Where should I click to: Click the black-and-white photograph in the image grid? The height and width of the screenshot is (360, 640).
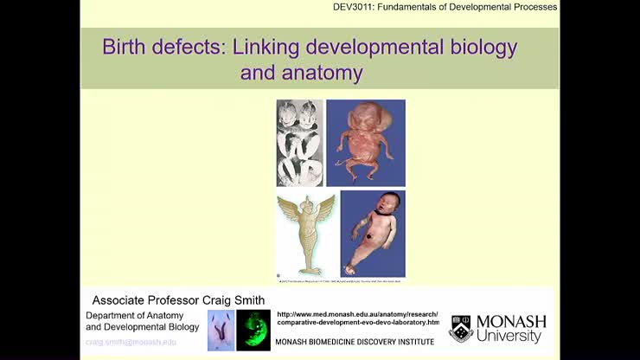[299, 143]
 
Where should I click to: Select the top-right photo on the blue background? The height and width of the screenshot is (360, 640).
[365, 143]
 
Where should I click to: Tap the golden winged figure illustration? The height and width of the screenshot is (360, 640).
[305, 234]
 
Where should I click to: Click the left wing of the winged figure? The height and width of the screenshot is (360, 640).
[288, 212]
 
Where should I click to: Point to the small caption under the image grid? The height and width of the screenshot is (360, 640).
[341, 281]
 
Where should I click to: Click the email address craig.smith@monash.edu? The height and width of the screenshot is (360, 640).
[131, 342]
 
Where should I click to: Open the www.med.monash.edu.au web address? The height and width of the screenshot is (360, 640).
[358, 314]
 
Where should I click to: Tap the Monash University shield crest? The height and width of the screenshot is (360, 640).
[460, 329]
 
